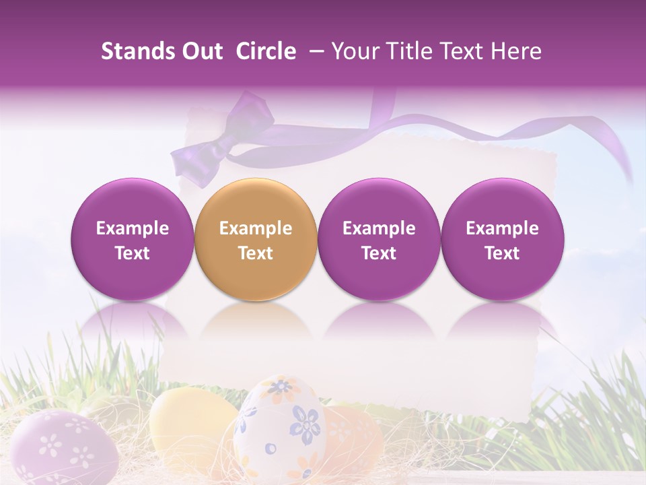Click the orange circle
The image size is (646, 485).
point(255,239)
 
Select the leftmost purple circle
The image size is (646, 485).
point(132,239)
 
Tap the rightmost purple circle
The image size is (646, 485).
point(502,239)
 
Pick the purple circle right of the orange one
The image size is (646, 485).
point(379,239)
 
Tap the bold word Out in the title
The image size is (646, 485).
point(201,51)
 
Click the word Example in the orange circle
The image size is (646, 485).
point(255,228)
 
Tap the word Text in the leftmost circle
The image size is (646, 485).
point(132,253)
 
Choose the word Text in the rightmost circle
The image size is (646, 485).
point(502,253)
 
